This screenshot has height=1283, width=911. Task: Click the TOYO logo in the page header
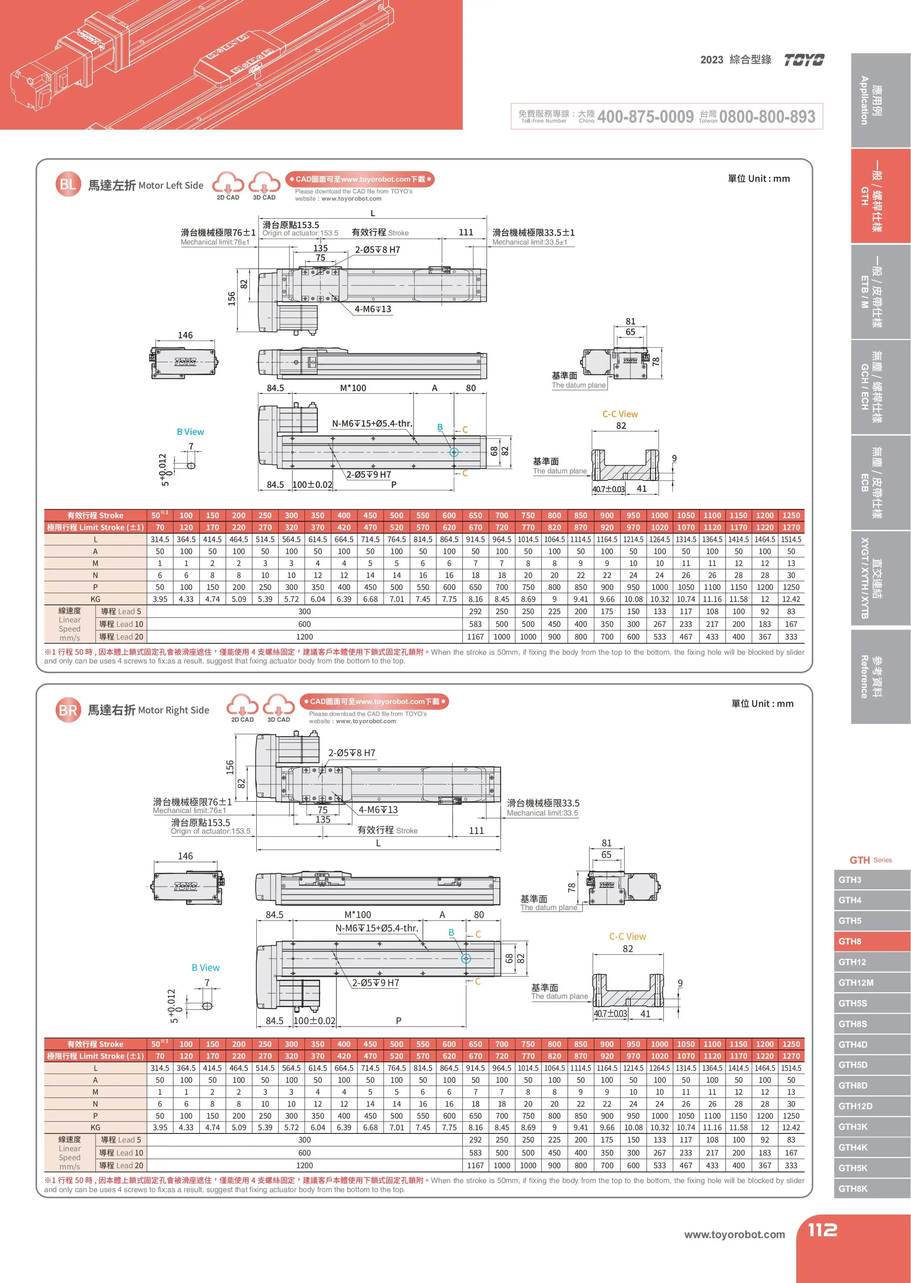804,60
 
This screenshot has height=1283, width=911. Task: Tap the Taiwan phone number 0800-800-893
767,117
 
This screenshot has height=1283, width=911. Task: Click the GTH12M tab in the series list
872,982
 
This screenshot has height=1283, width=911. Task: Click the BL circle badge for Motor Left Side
67,185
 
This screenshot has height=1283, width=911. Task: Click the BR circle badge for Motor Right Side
68,710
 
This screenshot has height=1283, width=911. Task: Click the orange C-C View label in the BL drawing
620,414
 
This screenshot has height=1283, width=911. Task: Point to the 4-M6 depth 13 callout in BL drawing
373,309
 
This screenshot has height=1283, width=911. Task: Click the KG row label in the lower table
95,1128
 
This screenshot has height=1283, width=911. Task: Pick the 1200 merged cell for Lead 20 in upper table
305,637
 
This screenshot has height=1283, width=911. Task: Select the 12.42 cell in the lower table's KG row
791,1128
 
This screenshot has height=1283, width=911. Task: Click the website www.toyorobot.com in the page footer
734,1234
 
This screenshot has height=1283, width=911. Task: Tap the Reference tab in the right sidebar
872,676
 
